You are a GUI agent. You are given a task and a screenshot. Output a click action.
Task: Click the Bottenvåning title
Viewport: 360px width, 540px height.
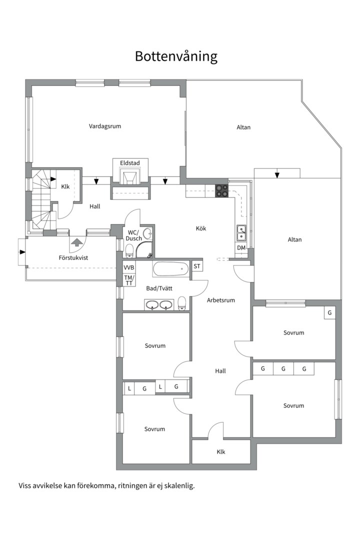[176, 56]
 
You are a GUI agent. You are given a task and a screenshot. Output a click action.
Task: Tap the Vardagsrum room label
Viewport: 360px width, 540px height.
[105, 126]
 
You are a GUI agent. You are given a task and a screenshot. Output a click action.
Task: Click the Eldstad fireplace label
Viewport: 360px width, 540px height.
[130, 162]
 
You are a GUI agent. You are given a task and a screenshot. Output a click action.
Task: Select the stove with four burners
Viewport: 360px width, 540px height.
[221, 191]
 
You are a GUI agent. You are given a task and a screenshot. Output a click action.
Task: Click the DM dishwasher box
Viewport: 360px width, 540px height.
[241, 247]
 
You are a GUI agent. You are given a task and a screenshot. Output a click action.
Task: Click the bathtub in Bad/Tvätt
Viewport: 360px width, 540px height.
[171, 269]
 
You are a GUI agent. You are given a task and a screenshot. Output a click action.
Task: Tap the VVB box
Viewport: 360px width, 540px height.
[129, 267]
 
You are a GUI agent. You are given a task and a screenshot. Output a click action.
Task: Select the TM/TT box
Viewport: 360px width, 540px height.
[129, 279]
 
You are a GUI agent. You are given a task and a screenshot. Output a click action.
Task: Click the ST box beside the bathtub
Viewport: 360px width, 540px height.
[197, 266]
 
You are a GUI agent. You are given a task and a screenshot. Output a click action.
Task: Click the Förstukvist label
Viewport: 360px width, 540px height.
[73, 257]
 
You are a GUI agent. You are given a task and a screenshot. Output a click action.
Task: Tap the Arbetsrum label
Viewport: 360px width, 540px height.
[221, 300]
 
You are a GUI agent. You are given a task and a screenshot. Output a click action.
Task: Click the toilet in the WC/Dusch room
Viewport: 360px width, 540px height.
[129, 250]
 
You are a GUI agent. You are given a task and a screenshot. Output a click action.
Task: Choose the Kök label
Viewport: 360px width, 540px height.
[201, 228]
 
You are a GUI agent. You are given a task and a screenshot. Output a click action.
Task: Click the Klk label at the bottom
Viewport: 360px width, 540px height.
[221, 452]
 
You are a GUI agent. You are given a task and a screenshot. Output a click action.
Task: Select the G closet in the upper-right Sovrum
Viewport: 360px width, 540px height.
[329, 312]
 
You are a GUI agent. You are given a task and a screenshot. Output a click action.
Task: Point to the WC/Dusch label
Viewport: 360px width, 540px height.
[133, 235]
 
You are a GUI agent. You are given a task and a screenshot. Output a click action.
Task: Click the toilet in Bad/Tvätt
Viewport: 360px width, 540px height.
[182, 303]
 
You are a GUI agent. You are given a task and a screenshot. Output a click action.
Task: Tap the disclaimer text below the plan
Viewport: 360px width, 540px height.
[107, 486]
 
